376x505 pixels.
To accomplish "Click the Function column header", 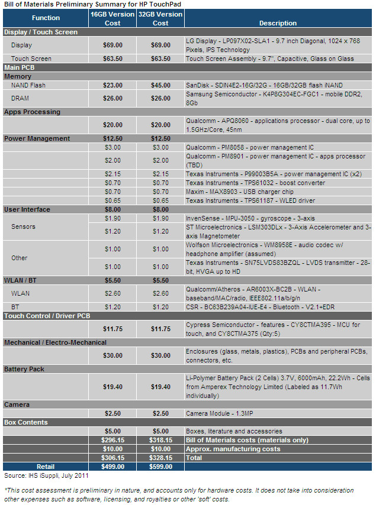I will (x=46, y=18).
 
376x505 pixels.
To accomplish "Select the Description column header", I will (x=278, y=23).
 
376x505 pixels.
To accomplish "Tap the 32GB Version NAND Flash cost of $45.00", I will (x=160, y=85).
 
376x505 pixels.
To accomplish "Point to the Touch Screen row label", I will (x=31, y=59).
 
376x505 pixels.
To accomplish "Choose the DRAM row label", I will (x=21, y=98).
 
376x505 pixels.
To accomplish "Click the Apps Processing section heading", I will (x=32, y=112).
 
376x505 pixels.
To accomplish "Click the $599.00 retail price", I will (x=160, y=467).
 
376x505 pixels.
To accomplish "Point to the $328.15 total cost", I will (x=160, y=458).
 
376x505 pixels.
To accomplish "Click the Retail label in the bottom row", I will (x=46, y=467).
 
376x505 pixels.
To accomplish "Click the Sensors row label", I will (x=24, y=226).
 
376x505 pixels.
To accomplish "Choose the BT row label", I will (x=15, y=307).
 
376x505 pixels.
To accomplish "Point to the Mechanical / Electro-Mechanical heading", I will (x=55, y=342).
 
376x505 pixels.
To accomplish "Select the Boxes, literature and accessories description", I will (x=234, y=431).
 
